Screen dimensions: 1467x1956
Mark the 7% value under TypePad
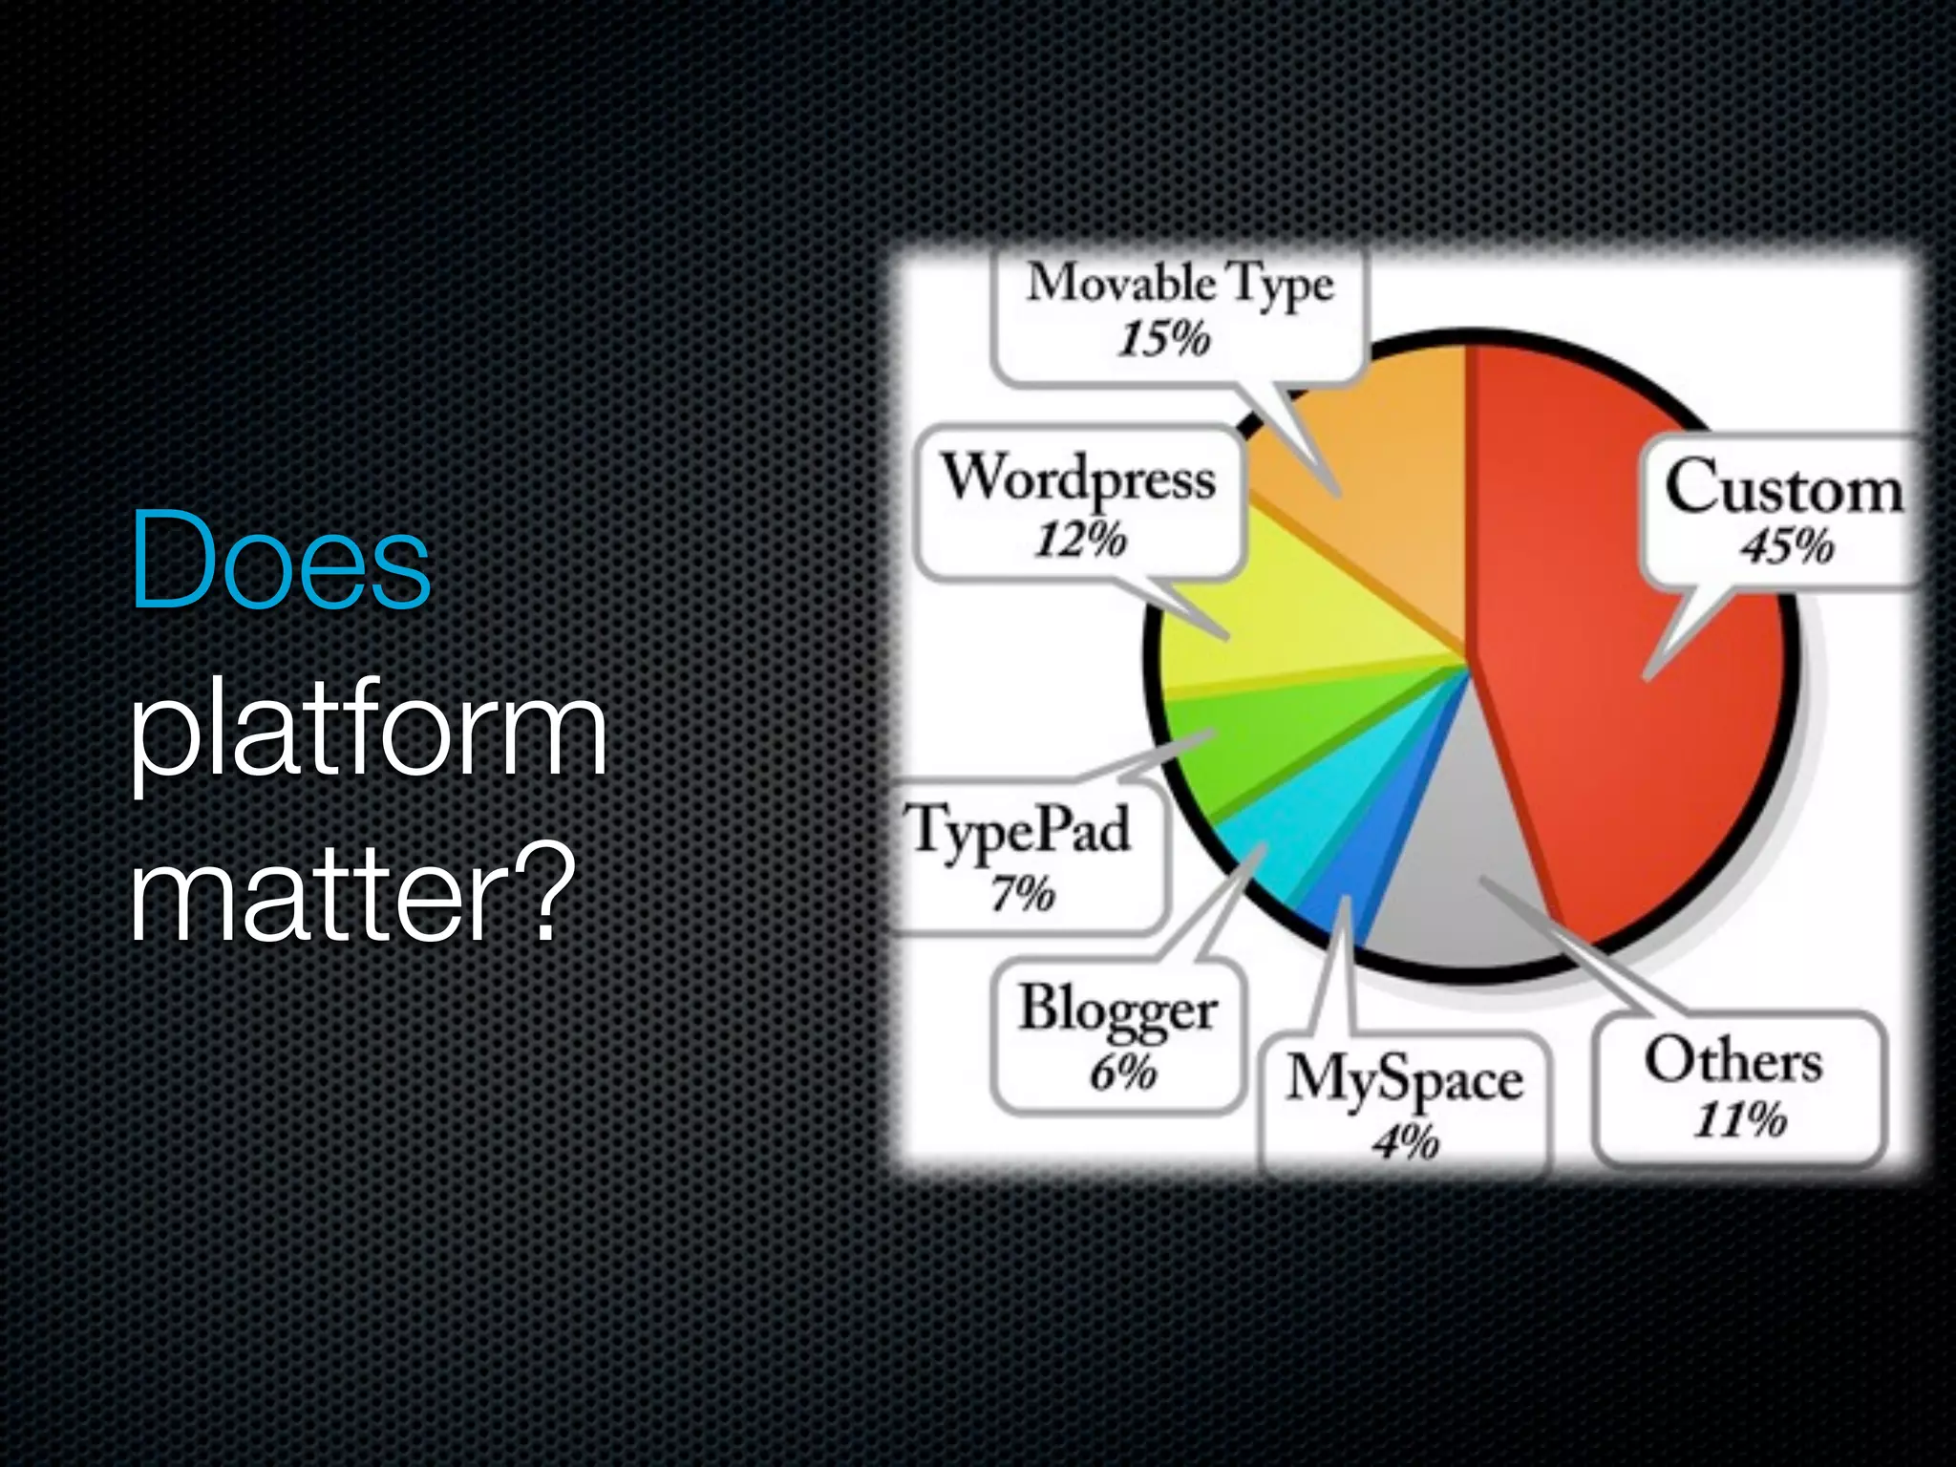[x=1023, y=894]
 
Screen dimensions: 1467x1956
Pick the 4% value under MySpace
[x=1406, y=1140]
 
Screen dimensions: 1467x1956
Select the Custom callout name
[x=1782, y=489]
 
